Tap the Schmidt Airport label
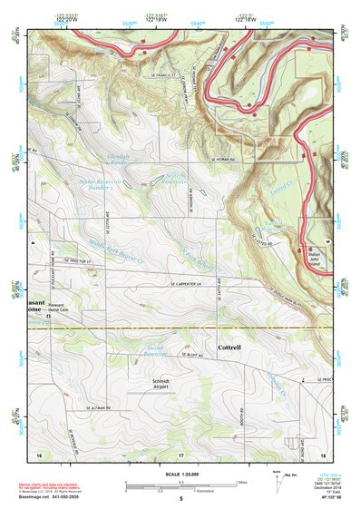tap(161, 383)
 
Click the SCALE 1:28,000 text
tap(180, 475)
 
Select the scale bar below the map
tap(180, 485)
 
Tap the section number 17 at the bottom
tap(180, 453)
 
